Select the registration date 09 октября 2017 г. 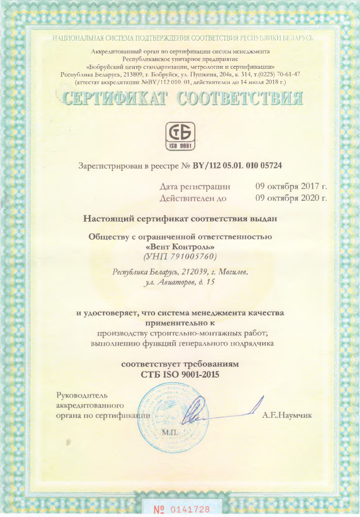click(x=291, y=186)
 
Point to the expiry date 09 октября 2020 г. click(x=291, y=198)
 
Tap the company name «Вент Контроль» click(x=180, y=247)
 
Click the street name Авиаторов click(x=178, y=282)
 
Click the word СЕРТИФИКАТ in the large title click(x=115, y=99)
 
